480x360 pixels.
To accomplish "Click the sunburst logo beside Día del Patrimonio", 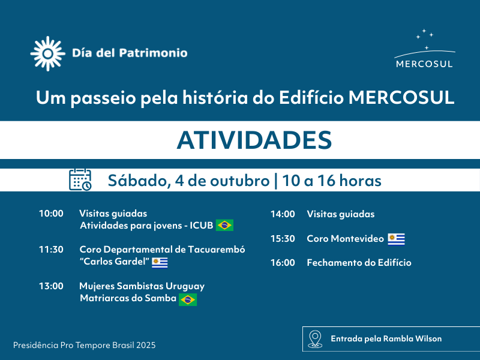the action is click(48, 53).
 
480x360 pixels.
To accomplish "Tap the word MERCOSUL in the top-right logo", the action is click(424, 64).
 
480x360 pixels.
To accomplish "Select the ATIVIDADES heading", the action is click(254, 140).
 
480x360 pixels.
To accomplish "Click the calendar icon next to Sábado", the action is click(80, 179).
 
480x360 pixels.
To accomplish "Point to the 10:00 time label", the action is click(51, 214).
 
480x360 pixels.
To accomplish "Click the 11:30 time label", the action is click(51, 250).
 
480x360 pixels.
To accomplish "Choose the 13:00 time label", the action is click(51, 286).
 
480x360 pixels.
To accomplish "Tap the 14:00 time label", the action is click(283, 214).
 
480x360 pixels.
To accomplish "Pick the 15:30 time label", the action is click(283, 238).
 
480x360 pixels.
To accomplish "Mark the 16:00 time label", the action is click(283, 263).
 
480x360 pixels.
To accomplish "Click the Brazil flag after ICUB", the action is click(224, 226).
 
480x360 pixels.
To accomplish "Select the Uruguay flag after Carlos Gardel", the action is click(160, 263).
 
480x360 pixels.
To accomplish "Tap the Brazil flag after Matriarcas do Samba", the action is click(188, 299).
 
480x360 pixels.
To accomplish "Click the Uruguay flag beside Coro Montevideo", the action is click(397, 239).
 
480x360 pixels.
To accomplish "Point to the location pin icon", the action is click(315, 339).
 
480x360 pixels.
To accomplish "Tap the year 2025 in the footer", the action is click(146, 346).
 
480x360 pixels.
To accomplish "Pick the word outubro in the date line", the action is click(239, 181).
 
